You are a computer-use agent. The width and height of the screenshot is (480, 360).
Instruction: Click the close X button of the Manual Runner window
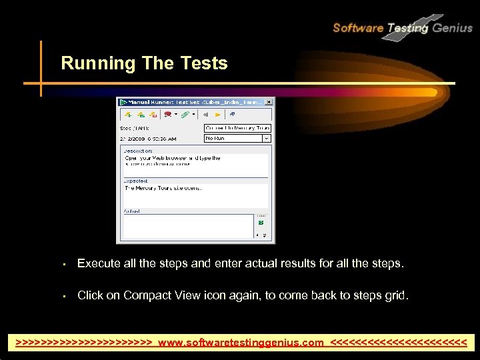[x=269, y=102]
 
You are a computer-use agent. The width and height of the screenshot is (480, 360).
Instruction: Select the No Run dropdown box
[x=237, y=139]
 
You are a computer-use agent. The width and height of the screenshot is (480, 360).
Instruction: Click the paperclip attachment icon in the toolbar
[x=185, y=115]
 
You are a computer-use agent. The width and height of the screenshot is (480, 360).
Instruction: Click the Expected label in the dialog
[x=135, y=181]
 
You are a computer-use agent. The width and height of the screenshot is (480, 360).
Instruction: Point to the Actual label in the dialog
[x=131, y=211]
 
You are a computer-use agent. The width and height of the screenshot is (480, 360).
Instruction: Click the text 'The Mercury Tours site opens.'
[x=163, y=188]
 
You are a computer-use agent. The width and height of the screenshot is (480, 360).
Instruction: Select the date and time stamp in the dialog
[x=148, y=139]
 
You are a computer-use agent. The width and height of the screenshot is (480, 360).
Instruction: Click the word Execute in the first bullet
[x=99, y=263]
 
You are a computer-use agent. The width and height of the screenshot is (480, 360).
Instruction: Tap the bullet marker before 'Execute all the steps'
[x=63, y=264]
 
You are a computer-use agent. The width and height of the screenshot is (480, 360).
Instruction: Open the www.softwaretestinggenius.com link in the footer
[x=241, y=342]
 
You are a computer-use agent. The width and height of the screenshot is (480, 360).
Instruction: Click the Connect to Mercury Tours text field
[x=237, y=127]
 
